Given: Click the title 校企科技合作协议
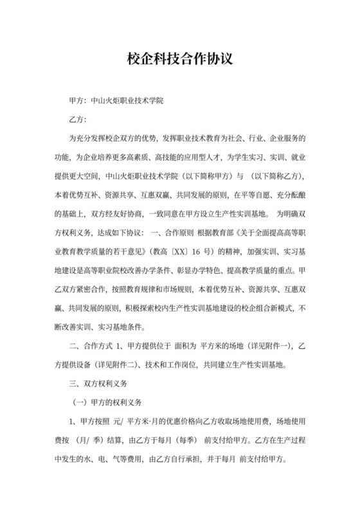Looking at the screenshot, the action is pyautogui.click(x=179, y=58).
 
